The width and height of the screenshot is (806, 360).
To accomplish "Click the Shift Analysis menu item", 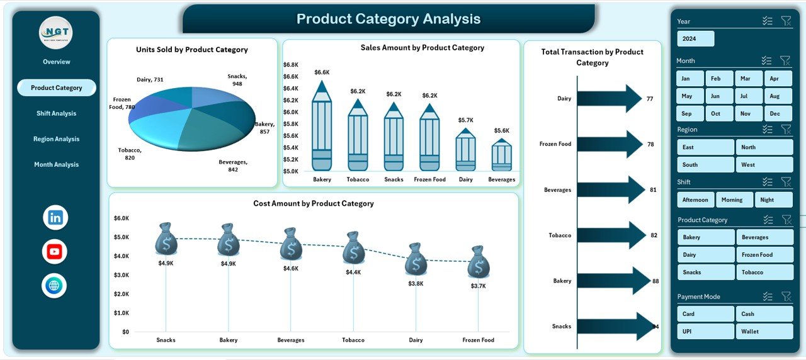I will (56, 113).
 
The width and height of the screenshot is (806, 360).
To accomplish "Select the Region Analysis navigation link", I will (56, 139).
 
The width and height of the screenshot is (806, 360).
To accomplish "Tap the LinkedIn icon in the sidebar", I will (55, 218).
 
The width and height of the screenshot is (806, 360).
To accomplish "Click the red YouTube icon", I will (55, 252).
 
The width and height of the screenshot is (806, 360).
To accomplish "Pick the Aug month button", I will (775, 96).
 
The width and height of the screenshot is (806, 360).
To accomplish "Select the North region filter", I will (764, 147).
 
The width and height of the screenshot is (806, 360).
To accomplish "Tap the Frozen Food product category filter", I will (764, 255).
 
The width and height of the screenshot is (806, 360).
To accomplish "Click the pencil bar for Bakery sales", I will (322, 128).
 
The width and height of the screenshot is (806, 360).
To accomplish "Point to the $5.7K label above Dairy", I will (465, 120).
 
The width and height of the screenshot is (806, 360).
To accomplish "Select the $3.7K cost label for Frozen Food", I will (478, 286).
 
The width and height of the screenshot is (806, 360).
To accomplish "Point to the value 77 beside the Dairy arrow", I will (650, 99).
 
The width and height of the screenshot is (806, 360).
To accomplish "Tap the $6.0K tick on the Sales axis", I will (290, 112).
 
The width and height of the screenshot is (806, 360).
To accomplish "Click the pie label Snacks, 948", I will (237, 80).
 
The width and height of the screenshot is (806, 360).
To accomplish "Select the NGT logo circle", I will (55, 32).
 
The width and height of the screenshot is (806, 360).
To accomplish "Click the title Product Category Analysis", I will (389, 19).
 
